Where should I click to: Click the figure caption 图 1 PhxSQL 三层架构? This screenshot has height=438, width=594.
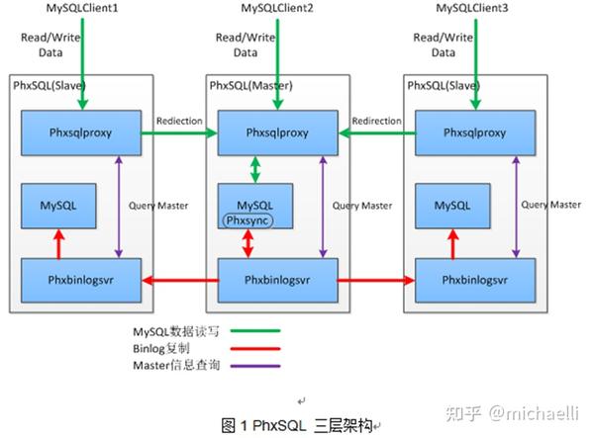coord(297,425)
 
